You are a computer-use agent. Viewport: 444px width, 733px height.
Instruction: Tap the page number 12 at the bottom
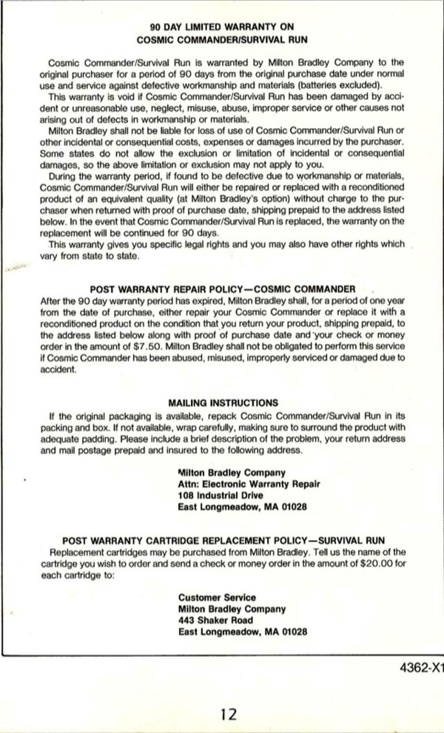pyautogui.click(x=229, y=714)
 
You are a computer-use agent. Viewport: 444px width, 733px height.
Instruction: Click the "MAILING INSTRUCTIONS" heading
pyautogui.click(x=223, y=403)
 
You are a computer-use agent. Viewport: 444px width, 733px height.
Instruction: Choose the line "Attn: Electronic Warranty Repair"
pyautogui.click(x=249, y=484)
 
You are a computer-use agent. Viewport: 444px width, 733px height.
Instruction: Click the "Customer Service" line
pyautogui.click(x=217, y=597)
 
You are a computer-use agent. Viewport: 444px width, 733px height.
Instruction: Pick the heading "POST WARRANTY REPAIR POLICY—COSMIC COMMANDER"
pyautogui.click(x=223, y=288)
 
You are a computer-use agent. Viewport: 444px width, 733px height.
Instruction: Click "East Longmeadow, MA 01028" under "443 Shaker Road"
pyautogui.click(x=242, y=632)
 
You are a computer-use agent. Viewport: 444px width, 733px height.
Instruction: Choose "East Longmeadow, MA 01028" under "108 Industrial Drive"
pyautogui.click(x=242, y=507)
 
